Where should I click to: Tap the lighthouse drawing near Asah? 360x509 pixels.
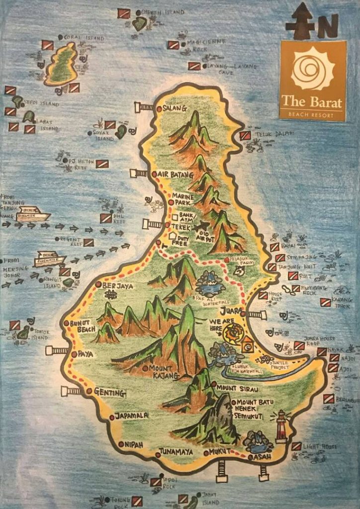pyautogui.click(x=281, y=426)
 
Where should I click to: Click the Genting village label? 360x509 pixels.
pyautogui.click(x=109, y=393)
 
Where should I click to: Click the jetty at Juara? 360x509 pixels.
pyautogui.click(x=256, y=314)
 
